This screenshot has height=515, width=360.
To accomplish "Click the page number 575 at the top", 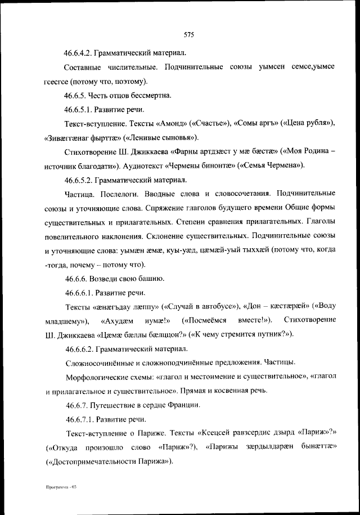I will (188, 34).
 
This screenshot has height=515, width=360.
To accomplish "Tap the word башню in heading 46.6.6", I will (150, 279).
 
